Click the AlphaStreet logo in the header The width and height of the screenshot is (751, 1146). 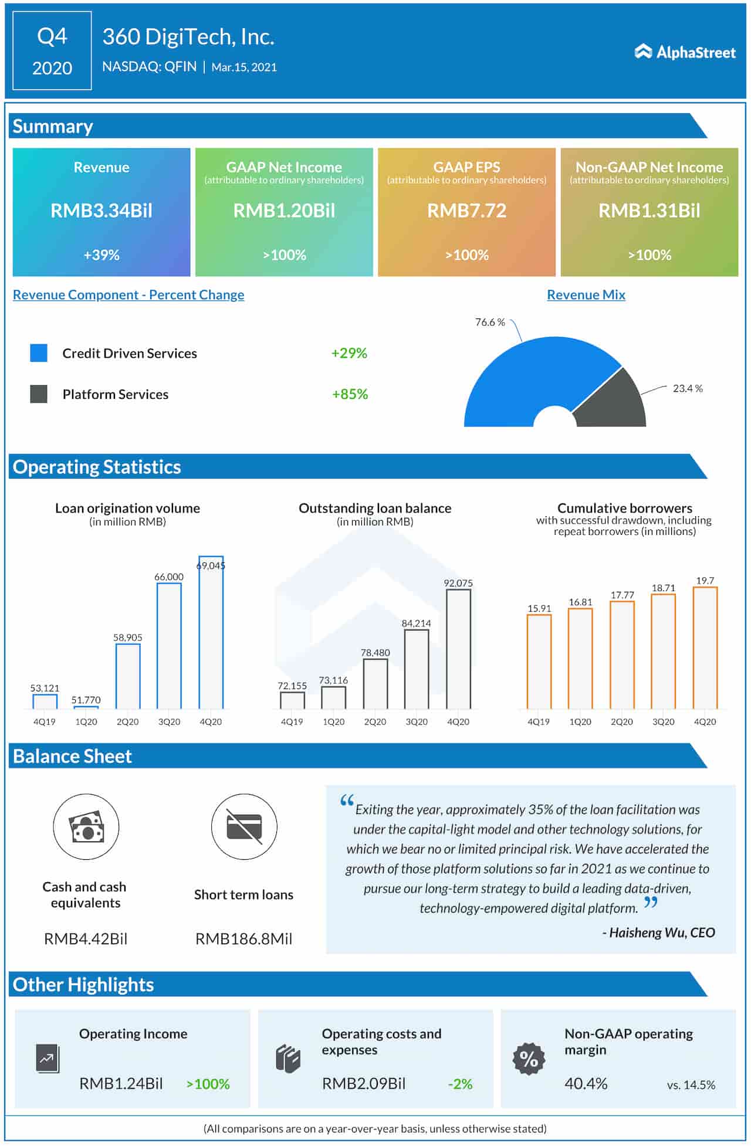(685, 52)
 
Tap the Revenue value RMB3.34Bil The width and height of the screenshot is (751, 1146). (102, 211)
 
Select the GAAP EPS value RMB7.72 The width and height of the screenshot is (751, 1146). (466, 211)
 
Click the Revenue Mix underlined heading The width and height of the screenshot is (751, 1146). (586, 294)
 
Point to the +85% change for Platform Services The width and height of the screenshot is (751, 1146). (350, 394)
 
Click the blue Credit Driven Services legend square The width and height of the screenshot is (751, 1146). (39, 353)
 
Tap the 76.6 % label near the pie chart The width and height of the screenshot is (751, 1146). (490, 322)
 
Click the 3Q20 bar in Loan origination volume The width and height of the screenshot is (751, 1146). (169, 645)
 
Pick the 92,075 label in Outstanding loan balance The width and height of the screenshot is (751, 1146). (458, 583)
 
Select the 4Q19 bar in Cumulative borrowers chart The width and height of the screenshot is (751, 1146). (539, 662)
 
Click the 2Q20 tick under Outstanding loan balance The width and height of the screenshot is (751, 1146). (375, 722)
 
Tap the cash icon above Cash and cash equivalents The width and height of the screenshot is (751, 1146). (86, 827)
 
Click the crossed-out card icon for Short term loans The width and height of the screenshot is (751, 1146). (243, 827)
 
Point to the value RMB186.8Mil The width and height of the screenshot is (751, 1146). (243, 938)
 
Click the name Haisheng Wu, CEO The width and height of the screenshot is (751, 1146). (658, 933)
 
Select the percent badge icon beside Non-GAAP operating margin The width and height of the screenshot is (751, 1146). (529, 1059)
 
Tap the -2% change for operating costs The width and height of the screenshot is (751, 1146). (460, 1084)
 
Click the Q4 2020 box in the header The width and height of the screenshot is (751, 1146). (52, 51)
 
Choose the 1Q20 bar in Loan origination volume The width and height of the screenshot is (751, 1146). (86, 707)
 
